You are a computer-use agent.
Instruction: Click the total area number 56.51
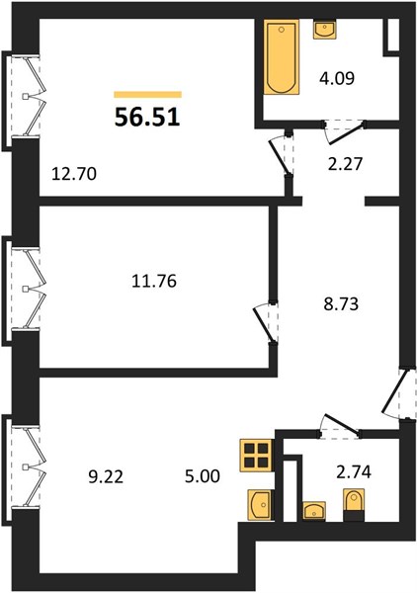(x=147, y=118)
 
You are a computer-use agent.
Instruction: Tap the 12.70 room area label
(x=74, y=174)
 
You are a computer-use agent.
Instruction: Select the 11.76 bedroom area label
(x=154, y=281)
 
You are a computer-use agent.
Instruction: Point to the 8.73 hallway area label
(x=341, y=303)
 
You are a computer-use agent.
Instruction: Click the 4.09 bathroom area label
(x=337, y=79)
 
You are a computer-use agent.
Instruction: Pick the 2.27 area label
(x=345, y=164)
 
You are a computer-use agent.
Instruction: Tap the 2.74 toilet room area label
(x=354, y=471)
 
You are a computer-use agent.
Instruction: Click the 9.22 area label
(x=106, y=477)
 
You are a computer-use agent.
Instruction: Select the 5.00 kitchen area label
(x=203, y=476)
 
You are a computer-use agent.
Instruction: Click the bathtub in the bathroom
(x=282, y=56)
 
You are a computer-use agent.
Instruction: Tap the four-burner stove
(x=256, y=456)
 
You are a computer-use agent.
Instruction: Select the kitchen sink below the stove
(x=260, y=504)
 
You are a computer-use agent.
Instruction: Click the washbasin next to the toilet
(x=314, y=511)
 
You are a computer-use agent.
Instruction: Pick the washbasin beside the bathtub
(x=325, y=30)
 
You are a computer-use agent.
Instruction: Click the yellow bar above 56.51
(x=148, y=95)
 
